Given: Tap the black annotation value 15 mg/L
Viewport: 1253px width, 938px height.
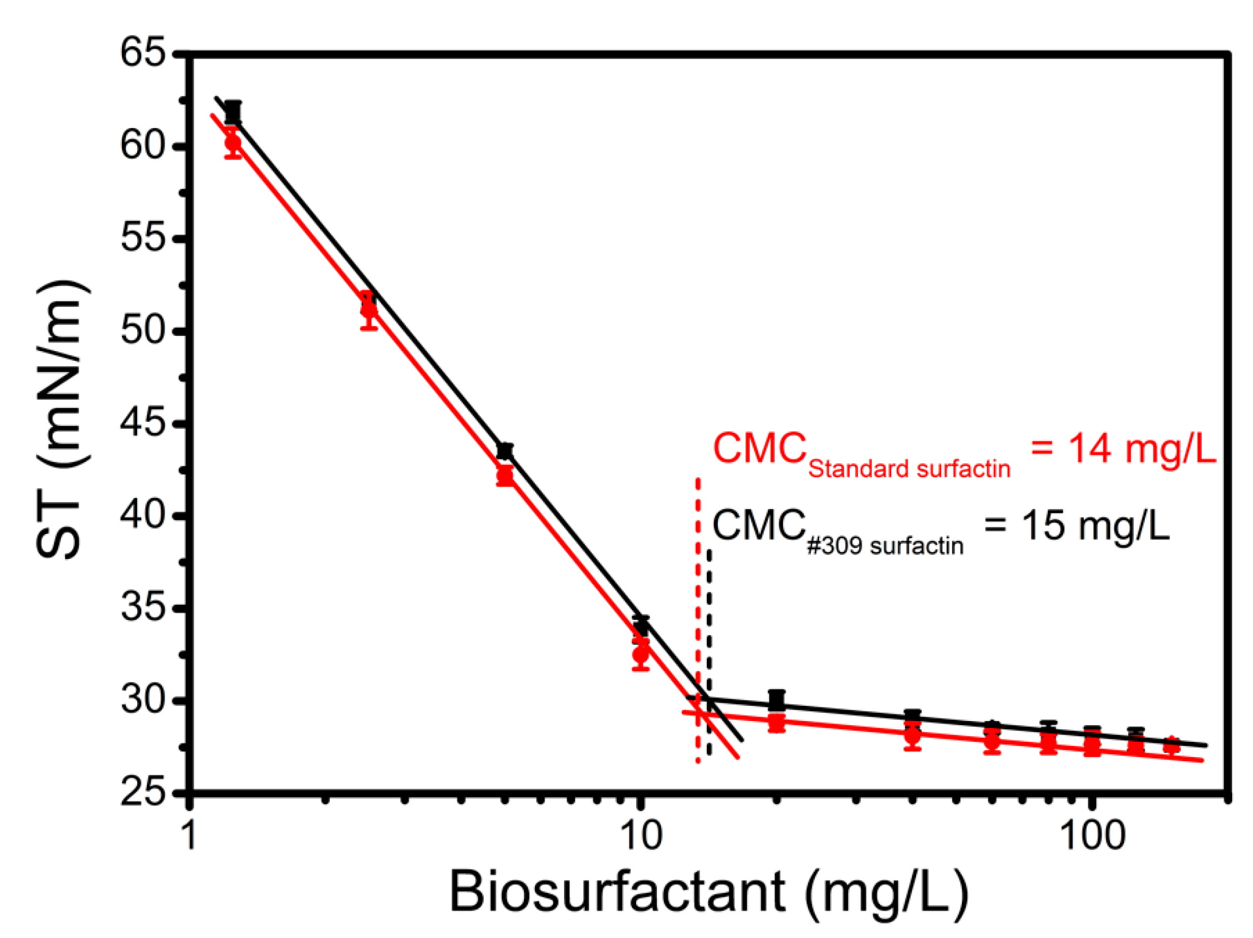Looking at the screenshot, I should [x=1076, y=525].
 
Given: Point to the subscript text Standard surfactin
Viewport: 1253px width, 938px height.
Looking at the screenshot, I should [x=909, y=469].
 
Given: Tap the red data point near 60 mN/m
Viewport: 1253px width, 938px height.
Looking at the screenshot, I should [x=233, y=142].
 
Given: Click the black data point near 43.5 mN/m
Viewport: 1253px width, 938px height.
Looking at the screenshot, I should [x=505, y=451].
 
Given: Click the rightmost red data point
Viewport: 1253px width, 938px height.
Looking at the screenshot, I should [x=1171, y=745].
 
